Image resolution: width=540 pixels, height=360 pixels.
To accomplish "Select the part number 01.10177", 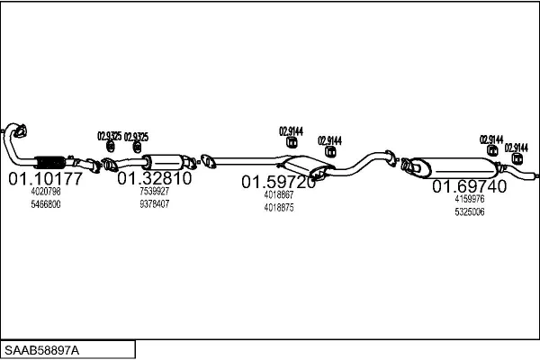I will pyautogui.click(x=45, y=179).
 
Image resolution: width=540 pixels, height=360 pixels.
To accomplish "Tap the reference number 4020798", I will pyautogui.click(x=46, y=193).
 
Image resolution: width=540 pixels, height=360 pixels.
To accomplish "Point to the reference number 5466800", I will pyautogui.click(x=46, y=205).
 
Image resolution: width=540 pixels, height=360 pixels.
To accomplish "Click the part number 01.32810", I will pyautogui.click(x=154, y=178).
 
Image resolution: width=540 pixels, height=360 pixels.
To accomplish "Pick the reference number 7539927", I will pyautogui.click(x=154, y=192).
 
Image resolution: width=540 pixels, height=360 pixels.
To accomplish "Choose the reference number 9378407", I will pyautogui.click(x=154, y=204).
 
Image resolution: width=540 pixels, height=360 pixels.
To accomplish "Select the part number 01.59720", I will pyautogui.click(x=278, y=182).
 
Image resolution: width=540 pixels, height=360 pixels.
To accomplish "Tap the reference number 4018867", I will pyautogui.click(x=279, y=194).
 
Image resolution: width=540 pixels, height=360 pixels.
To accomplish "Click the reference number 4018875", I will pyautogui.click(x=279, y=208).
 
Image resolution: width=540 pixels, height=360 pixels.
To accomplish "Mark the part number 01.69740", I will pyautogui.click(x=469, y=186).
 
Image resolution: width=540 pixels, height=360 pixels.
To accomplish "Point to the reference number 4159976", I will pyautogui.click(x=470, y=199).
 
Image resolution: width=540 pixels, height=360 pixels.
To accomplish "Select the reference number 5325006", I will pyautogui.click(x=470, y=212).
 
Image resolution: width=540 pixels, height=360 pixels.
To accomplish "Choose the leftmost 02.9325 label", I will pyautogui.click(x=109, y=136).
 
